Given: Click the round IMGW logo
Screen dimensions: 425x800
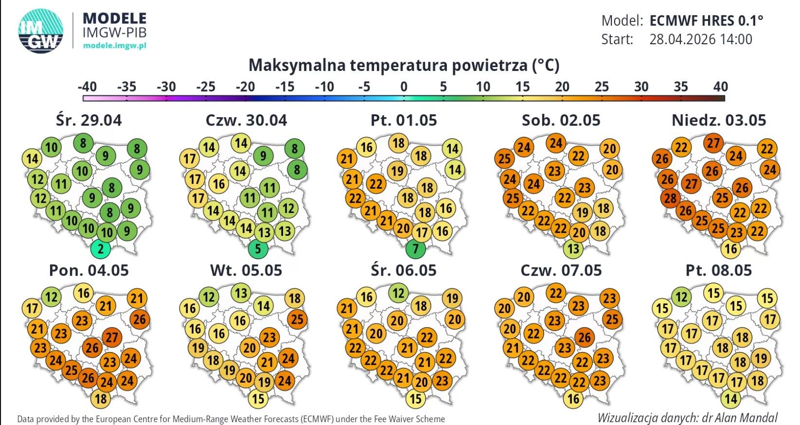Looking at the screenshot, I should [x=41, y=30].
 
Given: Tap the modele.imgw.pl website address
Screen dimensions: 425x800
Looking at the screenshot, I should [x=115, y=45].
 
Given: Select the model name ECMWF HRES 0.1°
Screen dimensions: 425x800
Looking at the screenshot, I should [x=706, y=20].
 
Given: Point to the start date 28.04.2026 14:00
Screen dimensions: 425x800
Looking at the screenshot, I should [x=700, y=39].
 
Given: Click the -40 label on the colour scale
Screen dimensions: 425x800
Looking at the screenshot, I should [x=87, y=87].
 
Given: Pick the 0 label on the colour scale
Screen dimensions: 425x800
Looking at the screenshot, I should [x=404, y=87].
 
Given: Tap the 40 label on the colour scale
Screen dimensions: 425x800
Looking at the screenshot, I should [x=720, y=87].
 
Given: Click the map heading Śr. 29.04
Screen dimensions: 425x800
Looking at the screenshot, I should [x=89, y=120].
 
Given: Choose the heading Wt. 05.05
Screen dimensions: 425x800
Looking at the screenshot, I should [x=246, y=270].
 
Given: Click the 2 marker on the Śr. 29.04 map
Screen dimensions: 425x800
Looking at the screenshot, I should [x=101, y=249].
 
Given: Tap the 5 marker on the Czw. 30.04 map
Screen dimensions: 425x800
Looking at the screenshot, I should [x=258, y=249].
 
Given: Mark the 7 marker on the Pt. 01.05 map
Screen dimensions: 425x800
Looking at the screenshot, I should [x=416, y=249].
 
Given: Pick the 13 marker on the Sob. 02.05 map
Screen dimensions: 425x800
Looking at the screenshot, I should [x=573, y=249].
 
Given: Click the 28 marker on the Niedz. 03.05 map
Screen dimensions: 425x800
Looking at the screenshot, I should [x=670, y=198].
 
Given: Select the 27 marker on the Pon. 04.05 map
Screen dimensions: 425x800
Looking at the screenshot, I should [x=112, y=337].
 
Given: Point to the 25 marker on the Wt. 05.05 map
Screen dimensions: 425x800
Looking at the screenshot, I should [x=297, y=319].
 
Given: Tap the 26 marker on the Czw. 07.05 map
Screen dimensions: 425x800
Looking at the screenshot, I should [x=585, y=337].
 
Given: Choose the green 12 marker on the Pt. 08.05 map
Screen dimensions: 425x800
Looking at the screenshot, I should [x=682, y=297].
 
